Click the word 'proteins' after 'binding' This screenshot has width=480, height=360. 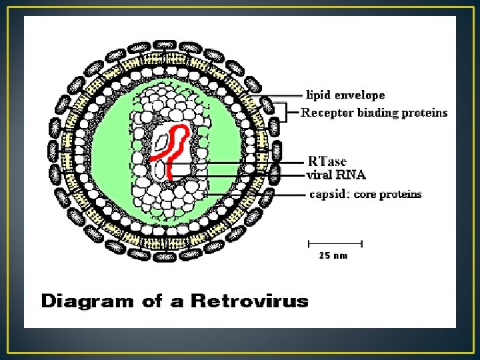pos(425,113)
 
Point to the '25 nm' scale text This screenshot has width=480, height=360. pos(333,255)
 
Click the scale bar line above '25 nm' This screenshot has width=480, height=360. pos(335,242)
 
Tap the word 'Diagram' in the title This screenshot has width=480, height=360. pos(87,301)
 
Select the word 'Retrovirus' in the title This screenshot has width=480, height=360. pos(250,301)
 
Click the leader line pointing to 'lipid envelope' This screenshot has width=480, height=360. pos(283,95)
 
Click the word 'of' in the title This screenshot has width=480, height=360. pos(152,301)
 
